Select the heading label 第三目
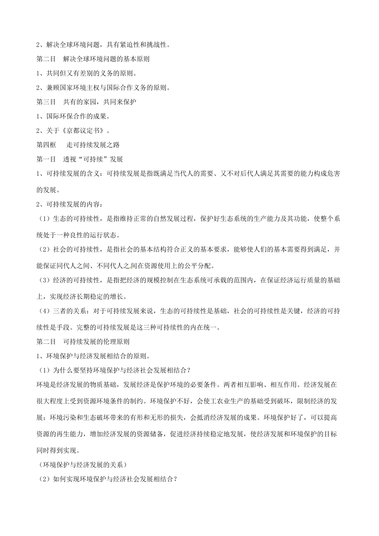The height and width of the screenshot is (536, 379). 46,102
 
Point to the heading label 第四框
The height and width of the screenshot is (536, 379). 46,145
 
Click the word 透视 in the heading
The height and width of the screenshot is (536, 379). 69,159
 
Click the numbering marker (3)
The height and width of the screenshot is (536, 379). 44,280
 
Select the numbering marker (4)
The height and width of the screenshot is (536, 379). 44,311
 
